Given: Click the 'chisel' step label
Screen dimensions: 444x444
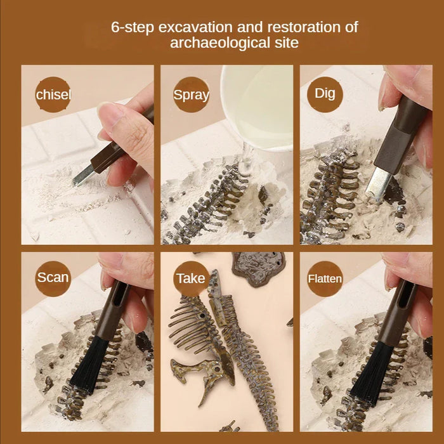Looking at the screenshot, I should point(53,95).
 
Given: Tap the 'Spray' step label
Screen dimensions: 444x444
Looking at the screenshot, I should point(191,95).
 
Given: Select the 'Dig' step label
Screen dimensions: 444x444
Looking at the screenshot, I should point(325,93).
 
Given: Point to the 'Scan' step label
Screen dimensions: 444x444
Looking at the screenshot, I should point(53,277).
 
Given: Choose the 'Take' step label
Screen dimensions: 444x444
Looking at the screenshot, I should point(191,278).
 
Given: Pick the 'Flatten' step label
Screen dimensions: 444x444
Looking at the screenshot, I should point(325,278).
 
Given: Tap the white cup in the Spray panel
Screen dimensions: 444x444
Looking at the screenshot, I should point(257,105).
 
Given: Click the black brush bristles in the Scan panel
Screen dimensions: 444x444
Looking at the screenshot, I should point(89,365).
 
